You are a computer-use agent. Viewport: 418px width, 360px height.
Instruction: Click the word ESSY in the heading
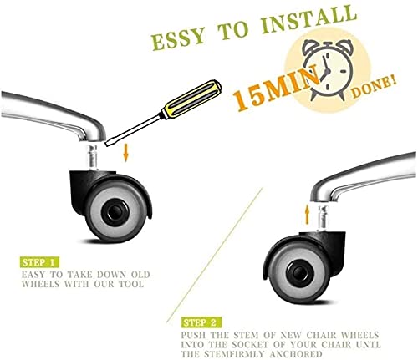tap(178, 38)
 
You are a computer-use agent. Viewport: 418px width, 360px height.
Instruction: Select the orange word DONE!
tap(374, 87)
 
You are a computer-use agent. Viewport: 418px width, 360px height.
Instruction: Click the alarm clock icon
tap(329, 69)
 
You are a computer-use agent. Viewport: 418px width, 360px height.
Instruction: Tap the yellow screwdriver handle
tap(191, 99)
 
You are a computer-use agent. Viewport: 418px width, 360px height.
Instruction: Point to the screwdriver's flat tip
tap(106, 144)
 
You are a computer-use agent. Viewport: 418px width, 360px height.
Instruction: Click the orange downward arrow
tap(126, 154)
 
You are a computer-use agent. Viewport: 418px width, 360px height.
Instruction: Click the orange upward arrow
tap(307, 215)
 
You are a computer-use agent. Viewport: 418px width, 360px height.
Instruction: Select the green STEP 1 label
tap(39, 262)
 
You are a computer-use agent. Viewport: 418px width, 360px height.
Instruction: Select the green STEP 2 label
tap(201, 322)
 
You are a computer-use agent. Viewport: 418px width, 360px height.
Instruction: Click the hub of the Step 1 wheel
tap(115, 212)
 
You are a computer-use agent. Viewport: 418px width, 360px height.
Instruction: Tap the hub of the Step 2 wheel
tap(298, 272)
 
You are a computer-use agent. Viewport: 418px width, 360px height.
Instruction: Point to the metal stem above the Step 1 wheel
tap(93, 156)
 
